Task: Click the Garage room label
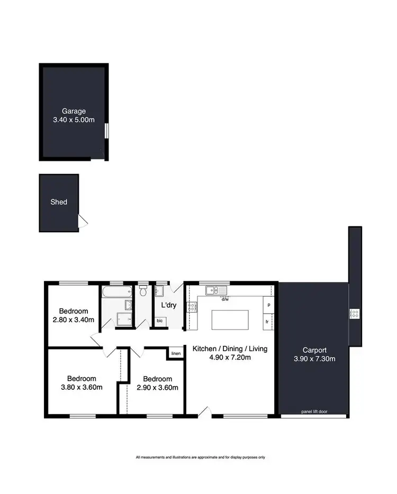point(74,111)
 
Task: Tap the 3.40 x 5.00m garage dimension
point(74,120)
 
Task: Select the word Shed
point(59,202)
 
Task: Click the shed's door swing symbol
point(83,222)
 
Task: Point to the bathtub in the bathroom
point(112,291)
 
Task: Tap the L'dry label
point(168,306)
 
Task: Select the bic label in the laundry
point(160,321)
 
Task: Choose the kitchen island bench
point(230,321)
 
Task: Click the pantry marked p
point(269,305)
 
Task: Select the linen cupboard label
point(175,353)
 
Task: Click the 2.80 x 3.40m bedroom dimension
point(74,320)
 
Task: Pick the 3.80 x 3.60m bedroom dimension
point(82,387)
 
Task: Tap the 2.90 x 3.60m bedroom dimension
point(157,388)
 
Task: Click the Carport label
point(314,350)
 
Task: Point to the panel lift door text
point(314,411)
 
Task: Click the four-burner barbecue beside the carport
point(354,314)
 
